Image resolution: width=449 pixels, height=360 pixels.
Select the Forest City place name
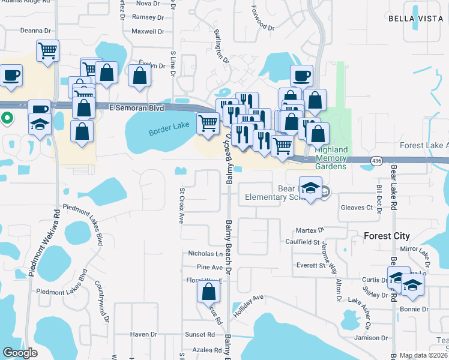(387, 236)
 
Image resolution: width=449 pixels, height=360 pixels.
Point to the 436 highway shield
(376, 160)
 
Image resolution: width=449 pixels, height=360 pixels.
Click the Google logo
(20, 353)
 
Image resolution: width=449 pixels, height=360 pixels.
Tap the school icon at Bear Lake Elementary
(310, 188)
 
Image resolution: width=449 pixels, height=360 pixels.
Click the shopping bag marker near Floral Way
(208, 292)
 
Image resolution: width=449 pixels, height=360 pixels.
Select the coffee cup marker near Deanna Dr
(11, 76)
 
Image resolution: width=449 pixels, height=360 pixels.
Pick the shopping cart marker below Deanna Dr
(47, 50)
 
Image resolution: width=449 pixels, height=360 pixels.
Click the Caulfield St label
(302, 242)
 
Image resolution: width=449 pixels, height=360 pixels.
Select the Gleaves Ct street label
(357, 208)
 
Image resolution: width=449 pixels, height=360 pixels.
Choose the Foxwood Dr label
(259, 27)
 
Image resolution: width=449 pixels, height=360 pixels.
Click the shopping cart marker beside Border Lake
(208, 124)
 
